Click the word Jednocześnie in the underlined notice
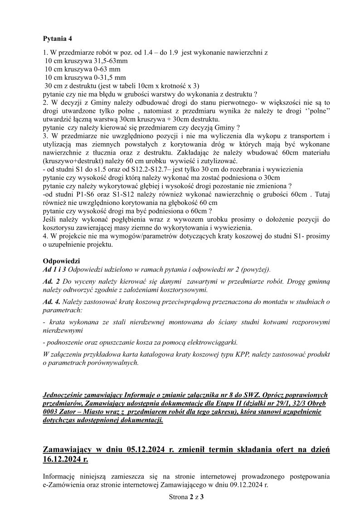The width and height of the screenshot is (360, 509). click(65, 395)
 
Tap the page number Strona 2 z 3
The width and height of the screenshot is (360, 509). click(186, 497)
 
